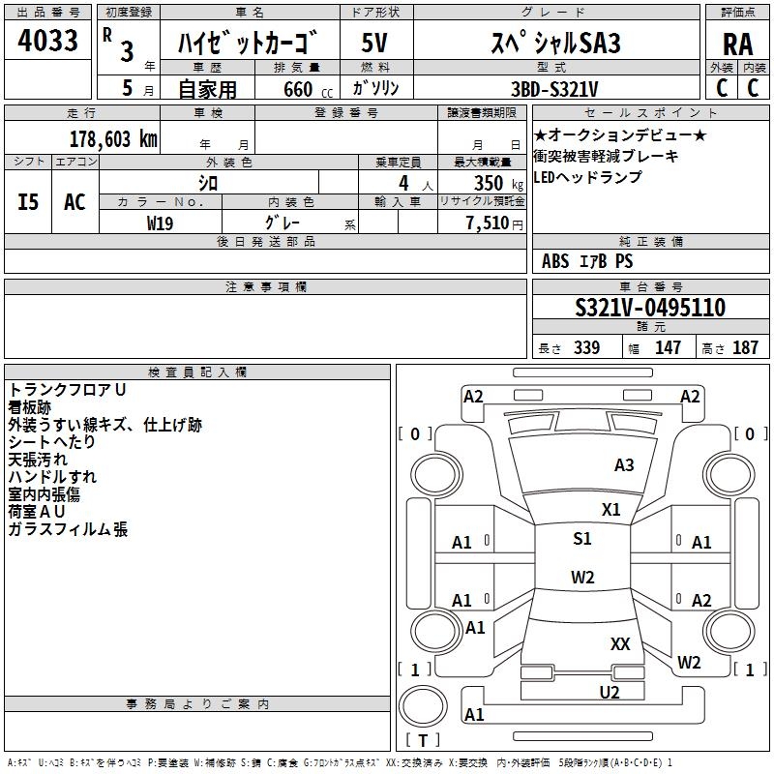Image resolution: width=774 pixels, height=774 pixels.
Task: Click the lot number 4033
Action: (x=47, y=40)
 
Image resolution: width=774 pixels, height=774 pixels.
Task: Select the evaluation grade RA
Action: (x=737, y=45)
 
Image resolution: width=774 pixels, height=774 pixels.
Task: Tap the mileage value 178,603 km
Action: (x=113, y=139)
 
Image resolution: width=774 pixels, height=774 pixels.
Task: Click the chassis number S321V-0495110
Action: (x=650, y=307)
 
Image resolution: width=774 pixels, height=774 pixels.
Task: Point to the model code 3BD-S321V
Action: (x=553, y=89)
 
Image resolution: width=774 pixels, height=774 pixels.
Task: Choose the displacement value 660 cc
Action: (x=308, y=90)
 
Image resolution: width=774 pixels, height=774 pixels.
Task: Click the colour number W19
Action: (x=160, y=223)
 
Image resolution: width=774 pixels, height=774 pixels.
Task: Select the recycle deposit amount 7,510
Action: (x=488, y=223)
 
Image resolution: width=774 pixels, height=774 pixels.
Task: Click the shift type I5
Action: (x=28, y=202)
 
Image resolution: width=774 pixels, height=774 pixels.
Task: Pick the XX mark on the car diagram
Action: (x=620, y=643)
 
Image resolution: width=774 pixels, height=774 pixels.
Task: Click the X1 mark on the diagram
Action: (x=610, y=509)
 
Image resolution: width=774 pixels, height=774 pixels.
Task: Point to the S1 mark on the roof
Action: (x=582, y=538)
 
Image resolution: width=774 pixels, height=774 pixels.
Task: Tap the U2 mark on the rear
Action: (x=610, y=692)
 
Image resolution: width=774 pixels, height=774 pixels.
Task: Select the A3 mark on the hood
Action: (x=624, y=464)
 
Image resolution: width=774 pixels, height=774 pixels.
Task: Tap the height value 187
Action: (x=745, y=347)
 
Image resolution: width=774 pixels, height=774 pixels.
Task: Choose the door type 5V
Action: (x=374, y=43)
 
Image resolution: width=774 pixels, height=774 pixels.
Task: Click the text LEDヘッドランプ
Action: (x=588, y=177)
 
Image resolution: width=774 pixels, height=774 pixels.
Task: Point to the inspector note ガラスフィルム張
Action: (x=68, y=529)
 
